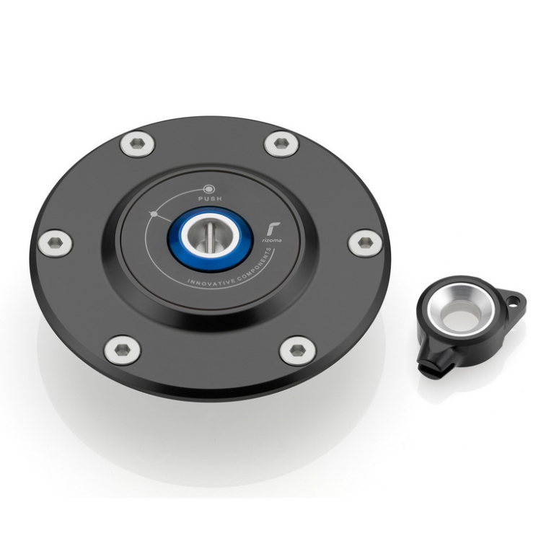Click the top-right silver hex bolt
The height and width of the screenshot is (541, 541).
(x=281, y=144)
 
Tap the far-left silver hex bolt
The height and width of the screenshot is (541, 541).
(x=56, y=242)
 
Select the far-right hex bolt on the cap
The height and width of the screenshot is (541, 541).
(x=364, y=242)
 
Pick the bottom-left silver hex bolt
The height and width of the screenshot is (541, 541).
(x=122, y=350)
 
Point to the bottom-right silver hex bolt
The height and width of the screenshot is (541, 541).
(x=297, y=350)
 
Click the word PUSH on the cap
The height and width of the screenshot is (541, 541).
(x=210, y=199)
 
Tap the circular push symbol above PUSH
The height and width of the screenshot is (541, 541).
(x=209, y=189)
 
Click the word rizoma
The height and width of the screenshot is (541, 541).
(x=274, y=240)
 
